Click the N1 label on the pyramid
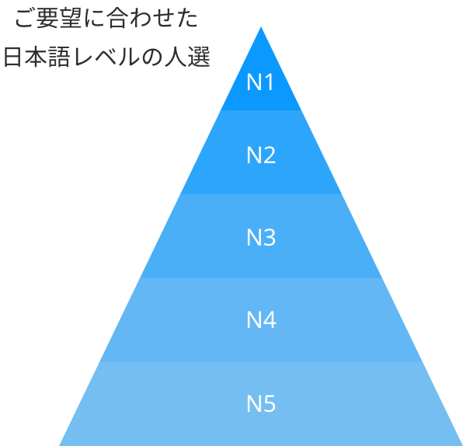click(x=260, y=82)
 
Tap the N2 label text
click(x=261, y=155)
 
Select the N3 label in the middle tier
click(x=261, y=237)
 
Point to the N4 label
click(x=261, y=319)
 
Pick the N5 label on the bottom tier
click(x=261, y=404)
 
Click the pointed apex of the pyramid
click(x=261, y=27)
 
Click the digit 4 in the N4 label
click(x=270, y=319)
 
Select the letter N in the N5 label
click(x=253, y=404)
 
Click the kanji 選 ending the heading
click(x=199, y=57)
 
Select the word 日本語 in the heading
click(x=37, y=57)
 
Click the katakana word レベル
click(x=106, y=57)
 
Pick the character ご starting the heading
click(x=25, y=19)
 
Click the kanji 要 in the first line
click(x=47, y=18)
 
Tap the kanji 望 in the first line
click(x=71, y=18)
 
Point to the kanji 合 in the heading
click(x=118, y=18)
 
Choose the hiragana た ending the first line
click(x=187, y=19)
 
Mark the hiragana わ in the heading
click(x=141, y=19)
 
